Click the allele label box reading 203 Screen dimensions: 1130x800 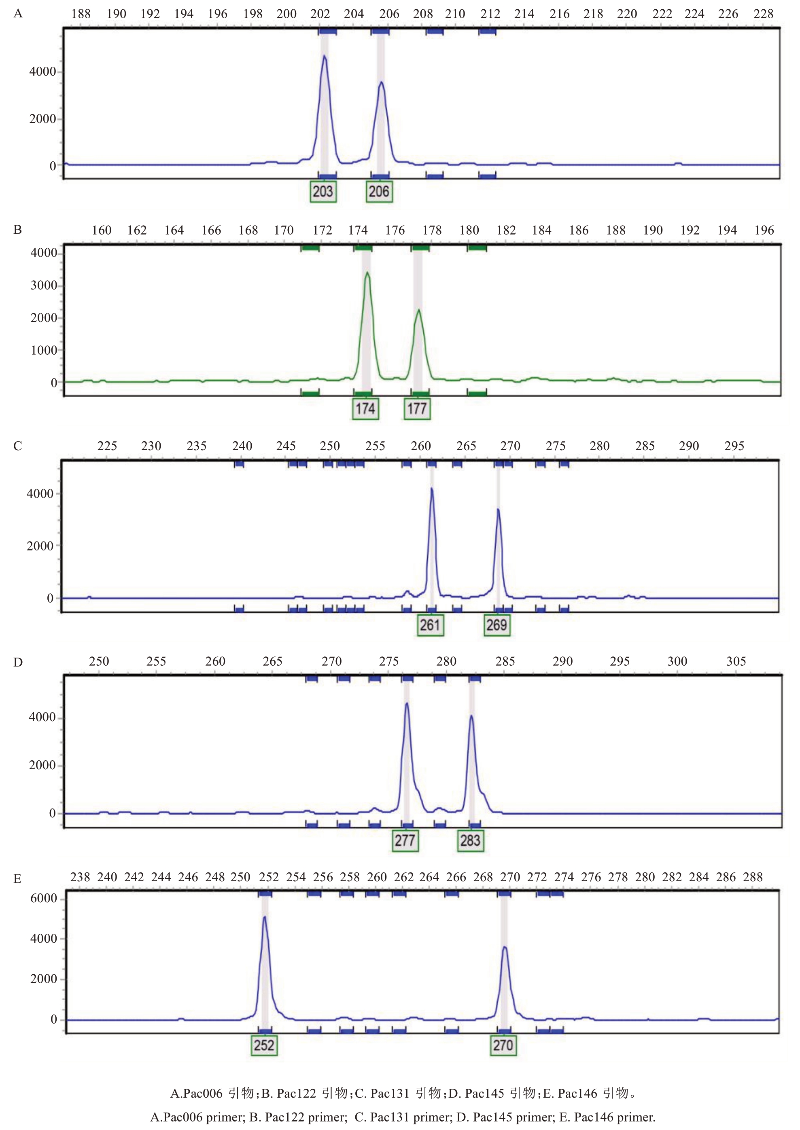tap(323, 192)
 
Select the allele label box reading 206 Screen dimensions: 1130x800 tap(379, 192)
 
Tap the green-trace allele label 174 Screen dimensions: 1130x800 tap(365, 408)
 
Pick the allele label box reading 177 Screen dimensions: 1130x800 tap(417, 408)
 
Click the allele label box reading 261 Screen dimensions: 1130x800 tap(430, 625)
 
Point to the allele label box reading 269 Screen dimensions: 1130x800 tap(497, 625)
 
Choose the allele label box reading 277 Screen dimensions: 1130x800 tap(405, 840)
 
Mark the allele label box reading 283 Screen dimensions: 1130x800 tap(471, 840)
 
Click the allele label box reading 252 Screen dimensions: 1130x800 tap(264, 1045)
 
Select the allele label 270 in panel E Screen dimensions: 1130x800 tap(503, 1045)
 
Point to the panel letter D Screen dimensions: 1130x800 tap(18, 662)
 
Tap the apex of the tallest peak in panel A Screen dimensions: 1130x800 tap(324, 56)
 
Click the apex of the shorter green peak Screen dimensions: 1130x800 tap(419, 310)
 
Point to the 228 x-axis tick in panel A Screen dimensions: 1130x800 tap(763, 14)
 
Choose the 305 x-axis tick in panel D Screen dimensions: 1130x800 tap(736, 661)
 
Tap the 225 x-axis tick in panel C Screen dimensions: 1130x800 tap(107, 446)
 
